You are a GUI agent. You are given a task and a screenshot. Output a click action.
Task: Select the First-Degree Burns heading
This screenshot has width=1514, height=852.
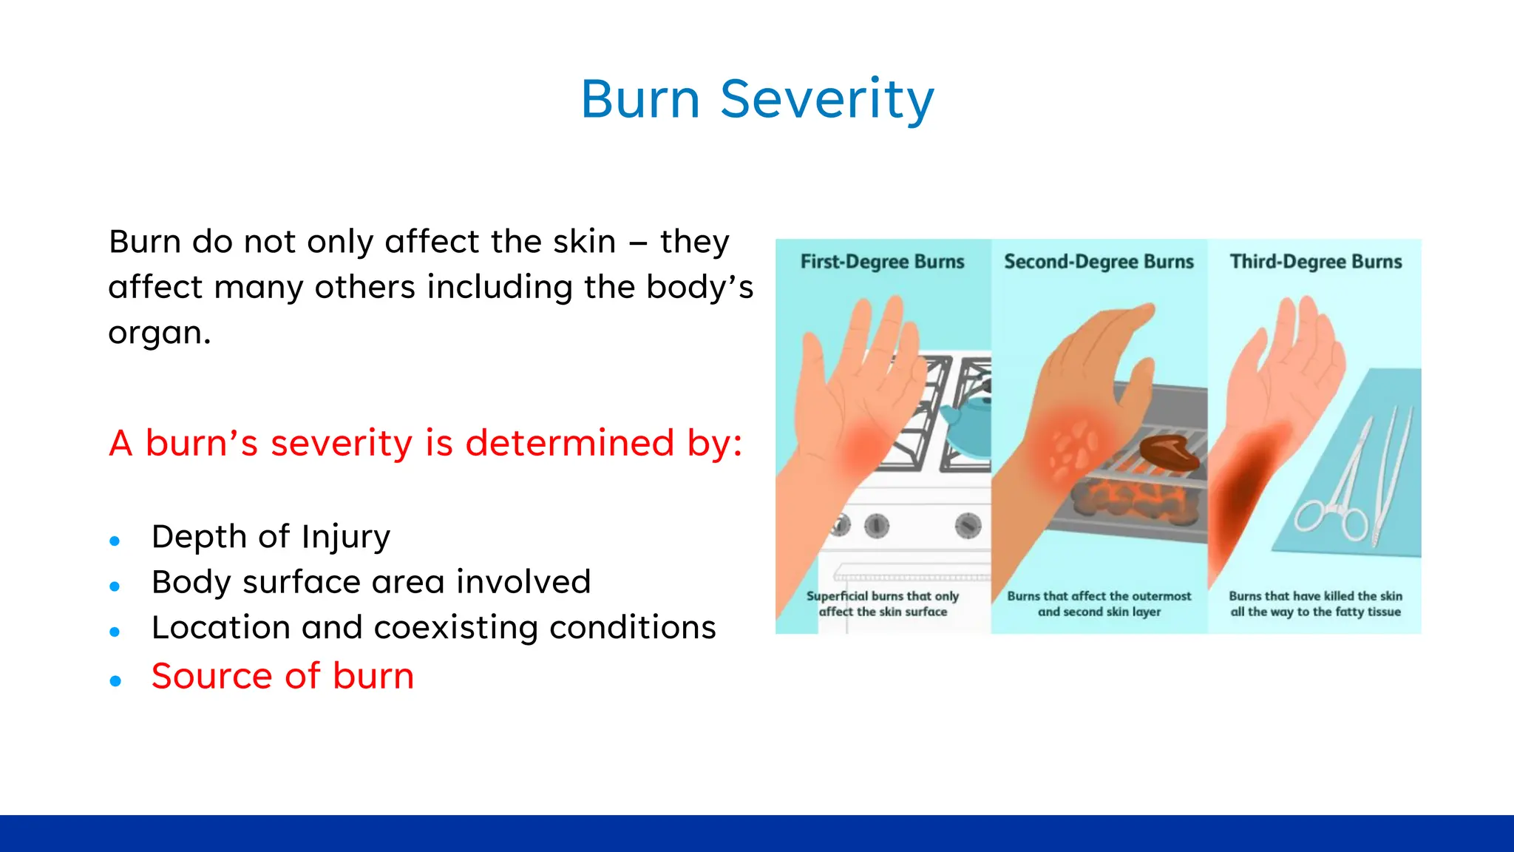(882, 262)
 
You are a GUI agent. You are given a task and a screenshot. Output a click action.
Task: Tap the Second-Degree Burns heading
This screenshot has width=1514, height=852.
(1099, 262)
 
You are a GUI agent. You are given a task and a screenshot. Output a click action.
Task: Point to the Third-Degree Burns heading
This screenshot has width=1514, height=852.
(1316, 262)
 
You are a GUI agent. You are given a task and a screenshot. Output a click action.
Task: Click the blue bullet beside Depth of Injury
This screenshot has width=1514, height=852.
(115, 541)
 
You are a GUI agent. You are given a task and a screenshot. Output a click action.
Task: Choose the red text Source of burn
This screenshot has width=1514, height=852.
(282, 676)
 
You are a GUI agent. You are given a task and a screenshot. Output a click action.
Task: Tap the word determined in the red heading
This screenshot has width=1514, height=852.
(570, 443)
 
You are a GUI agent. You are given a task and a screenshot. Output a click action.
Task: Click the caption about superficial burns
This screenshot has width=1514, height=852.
(883, 603)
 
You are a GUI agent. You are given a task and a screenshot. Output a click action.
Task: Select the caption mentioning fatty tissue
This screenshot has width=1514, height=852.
(1315, 603)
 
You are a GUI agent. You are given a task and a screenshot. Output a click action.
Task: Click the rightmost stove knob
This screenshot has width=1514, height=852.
(968, 525)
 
